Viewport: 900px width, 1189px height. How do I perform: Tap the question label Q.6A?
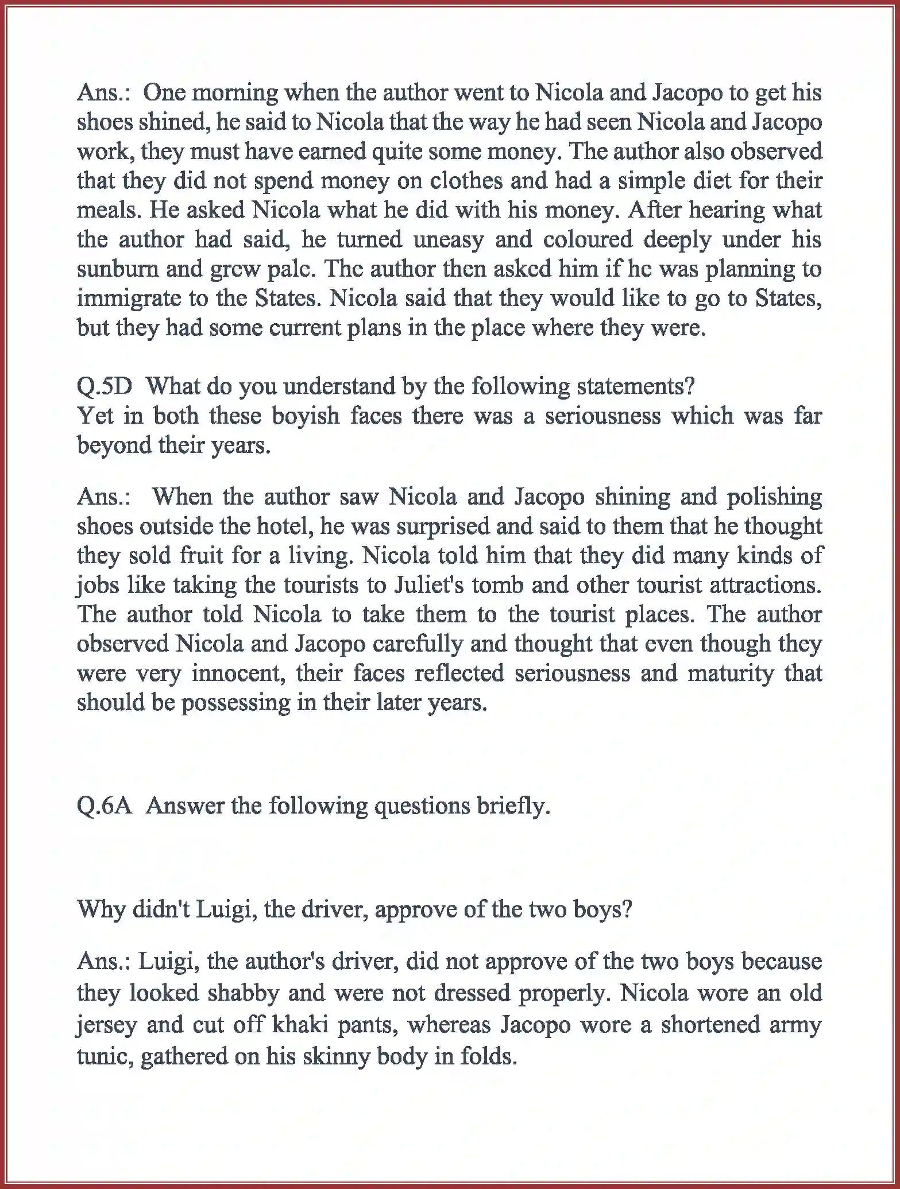[x=105, y=807]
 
